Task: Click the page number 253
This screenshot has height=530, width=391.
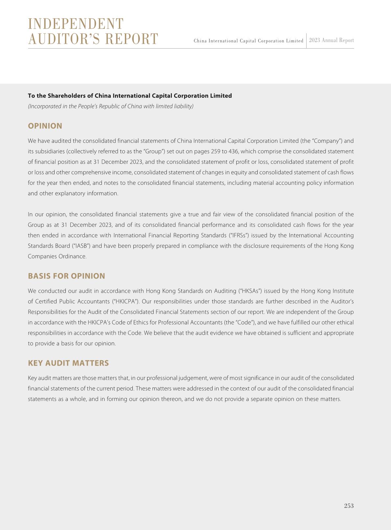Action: tap(349, 506)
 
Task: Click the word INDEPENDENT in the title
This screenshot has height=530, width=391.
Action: tap(76, 24)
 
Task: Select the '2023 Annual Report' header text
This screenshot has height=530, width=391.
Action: tap(331, 40)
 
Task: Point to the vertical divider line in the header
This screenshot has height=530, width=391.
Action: tap(306, 40)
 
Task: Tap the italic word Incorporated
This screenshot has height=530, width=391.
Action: tap(44, 106)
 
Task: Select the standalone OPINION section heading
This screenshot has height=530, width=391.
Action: tap(45, 126)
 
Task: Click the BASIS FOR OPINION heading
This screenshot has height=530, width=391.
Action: tap(66, 276)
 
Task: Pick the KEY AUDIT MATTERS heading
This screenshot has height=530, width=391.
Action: tap(68, 363)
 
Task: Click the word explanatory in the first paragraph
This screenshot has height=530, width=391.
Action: tap(70, 193)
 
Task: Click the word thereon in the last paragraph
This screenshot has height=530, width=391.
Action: tap(177, 399)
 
